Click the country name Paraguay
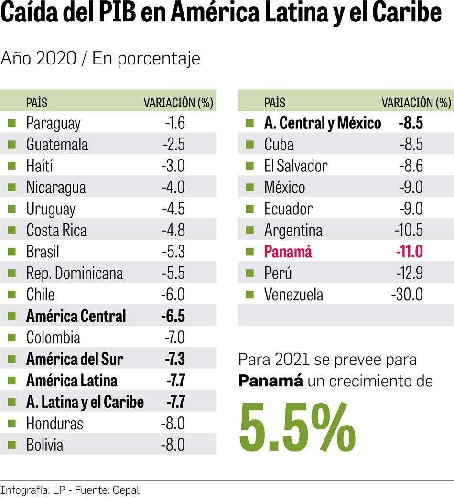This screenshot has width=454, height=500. [53, 123]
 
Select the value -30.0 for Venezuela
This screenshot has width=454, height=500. [407, 295]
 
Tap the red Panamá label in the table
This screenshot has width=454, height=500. [288, 252]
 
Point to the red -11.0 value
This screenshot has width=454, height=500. [409, 252]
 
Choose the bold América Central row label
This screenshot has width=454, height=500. [76, 317]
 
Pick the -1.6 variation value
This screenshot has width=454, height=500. [175, 123]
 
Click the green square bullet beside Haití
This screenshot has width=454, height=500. [12, 166]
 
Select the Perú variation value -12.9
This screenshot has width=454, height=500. [409, 274]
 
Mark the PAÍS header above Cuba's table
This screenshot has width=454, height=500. [274, 102]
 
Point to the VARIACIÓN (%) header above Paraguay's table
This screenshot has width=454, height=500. [178, 102]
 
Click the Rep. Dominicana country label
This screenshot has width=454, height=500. [75, 274]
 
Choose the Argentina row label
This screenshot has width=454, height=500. [293, 231]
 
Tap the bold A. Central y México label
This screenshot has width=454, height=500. [322, 123]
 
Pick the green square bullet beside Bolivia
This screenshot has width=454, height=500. [12, 446]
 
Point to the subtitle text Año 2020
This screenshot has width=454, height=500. [38, 59]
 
